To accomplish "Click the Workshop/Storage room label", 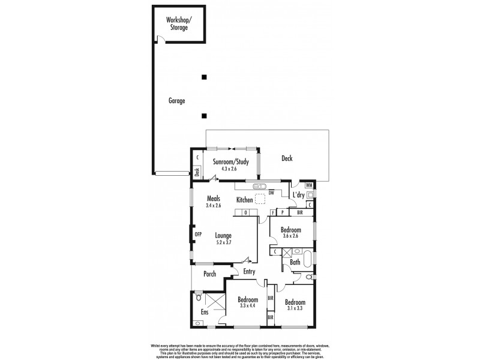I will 179,23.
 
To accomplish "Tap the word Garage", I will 176,101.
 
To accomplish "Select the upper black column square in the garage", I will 205,77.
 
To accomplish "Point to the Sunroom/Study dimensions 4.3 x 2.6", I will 229,169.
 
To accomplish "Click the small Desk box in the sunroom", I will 197,171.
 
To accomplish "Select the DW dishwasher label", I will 272,193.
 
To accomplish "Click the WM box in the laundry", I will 309,185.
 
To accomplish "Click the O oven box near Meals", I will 245,212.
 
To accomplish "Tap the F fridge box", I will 273,212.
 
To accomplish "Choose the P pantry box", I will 282,212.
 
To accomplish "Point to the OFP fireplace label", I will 196,233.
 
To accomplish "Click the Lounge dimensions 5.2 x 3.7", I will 224,242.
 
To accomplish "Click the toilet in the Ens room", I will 200,298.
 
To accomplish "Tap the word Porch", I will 209,274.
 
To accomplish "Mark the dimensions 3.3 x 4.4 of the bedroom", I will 247,306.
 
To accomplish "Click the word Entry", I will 249,271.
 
